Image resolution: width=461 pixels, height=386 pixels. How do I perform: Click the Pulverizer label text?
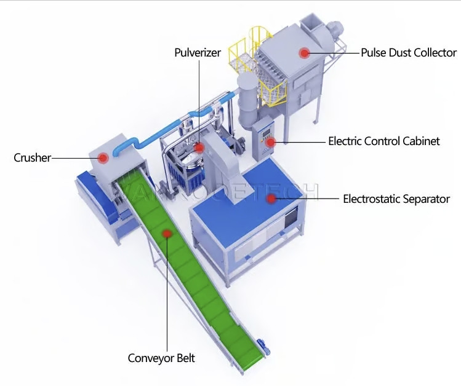[197, 53]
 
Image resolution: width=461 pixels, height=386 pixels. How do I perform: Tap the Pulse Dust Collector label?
[409, 53]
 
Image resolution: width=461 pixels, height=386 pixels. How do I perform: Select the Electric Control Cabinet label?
[383, 141]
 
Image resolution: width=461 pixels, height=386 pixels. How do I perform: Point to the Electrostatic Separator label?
[396, 199]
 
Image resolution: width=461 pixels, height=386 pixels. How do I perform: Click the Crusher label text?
[32, 158]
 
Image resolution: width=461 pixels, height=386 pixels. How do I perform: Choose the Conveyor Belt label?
[161, 358]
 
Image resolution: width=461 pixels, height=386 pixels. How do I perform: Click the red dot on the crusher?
[103, 157]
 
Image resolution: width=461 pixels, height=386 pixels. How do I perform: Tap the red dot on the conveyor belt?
[167, 233]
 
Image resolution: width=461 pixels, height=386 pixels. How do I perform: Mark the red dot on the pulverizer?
[198, 148]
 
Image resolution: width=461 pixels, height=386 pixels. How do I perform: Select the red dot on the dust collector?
[304, 53]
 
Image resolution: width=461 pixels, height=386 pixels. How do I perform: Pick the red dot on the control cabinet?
[271, 142]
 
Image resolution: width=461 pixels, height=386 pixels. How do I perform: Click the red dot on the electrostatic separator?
[271, 199]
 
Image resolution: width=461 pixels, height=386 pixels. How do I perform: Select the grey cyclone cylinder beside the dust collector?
[246, 98]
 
